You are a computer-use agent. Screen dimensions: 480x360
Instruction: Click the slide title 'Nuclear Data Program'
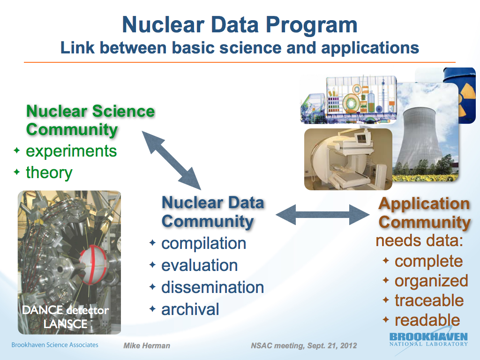[240, 24]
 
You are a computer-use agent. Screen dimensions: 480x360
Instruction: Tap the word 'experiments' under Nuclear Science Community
[71, 151]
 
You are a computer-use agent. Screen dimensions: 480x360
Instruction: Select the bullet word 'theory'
[49, 172]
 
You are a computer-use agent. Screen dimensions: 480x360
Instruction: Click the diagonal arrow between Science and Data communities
[172, 160]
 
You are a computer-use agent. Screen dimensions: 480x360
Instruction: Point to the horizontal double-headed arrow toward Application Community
[322, 215]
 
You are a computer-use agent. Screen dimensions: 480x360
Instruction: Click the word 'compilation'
[203, 244]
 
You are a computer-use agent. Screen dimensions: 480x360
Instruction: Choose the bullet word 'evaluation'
[199, 265]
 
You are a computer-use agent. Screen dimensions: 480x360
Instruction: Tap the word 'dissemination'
[212, 287]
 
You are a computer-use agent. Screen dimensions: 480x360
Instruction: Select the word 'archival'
[190, 309]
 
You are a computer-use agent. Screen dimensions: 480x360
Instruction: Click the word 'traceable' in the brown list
[429, 300]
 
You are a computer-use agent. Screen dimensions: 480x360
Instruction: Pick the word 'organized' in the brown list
[431, 281]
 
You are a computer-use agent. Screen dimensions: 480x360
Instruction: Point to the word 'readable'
[427, 320]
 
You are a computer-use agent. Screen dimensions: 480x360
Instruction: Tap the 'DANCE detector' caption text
[66, 310]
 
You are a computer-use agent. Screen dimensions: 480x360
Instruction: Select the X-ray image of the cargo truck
[349, 99]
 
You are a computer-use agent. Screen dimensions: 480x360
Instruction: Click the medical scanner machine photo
[348, 159]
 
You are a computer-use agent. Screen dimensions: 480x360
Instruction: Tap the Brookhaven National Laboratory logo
[428, 339]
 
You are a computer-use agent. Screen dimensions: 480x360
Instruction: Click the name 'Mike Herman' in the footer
[147, 345]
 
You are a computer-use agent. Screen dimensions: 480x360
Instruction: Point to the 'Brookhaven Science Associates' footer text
[55, 345]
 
